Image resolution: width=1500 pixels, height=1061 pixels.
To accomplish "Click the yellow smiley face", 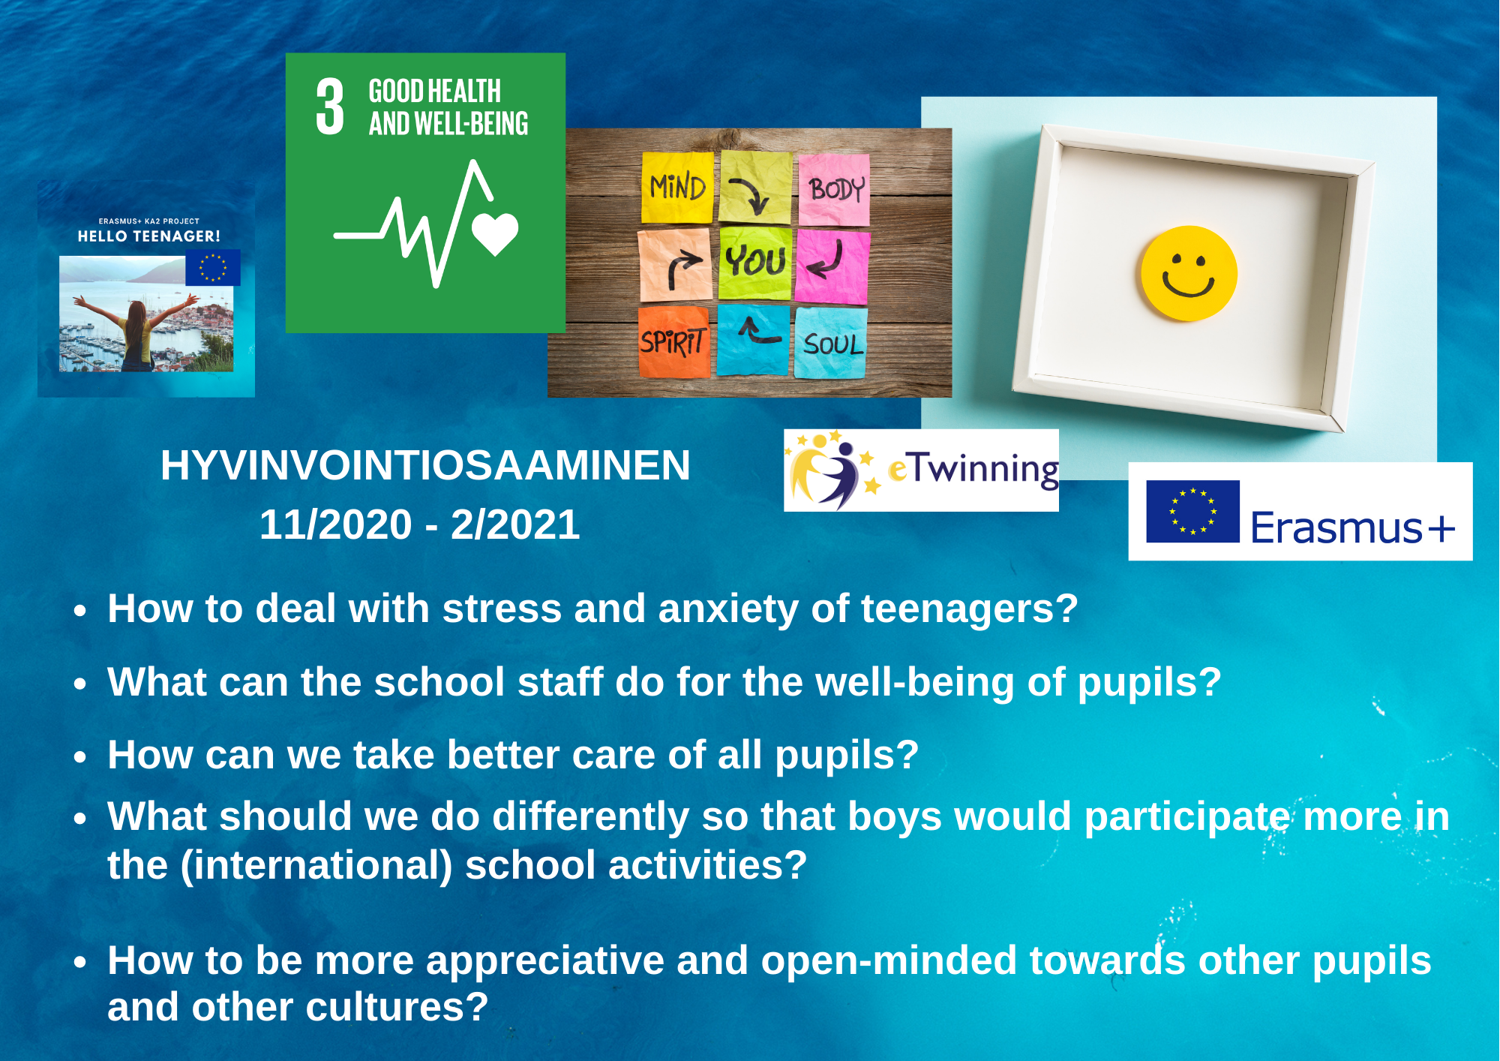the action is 1189,274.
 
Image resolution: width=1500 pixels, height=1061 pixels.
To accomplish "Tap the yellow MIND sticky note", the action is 678,188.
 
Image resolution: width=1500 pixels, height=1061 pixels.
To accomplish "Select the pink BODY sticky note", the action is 834,190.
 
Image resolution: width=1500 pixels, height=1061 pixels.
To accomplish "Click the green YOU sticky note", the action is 755,263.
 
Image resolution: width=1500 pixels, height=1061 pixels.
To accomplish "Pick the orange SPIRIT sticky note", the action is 673,341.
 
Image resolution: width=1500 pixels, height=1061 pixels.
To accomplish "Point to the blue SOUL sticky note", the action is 831,344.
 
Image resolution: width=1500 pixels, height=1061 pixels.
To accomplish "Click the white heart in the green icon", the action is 495,234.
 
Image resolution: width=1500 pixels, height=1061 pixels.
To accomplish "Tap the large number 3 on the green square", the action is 330,107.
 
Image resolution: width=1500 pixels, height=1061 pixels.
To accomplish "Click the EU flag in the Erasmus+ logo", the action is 1192,512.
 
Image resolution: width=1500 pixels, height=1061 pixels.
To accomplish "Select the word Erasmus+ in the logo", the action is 1353,527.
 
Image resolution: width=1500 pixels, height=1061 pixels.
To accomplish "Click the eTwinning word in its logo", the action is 973,470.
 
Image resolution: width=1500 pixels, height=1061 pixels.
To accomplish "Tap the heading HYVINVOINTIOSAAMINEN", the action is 425,465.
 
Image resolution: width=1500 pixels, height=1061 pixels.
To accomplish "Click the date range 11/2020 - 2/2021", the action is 419,524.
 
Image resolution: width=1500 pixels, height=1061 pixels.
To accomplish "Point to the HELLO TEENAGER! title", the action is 149,236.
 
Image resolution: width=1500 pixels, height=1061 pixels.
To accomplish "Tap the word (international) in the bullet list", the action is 316,866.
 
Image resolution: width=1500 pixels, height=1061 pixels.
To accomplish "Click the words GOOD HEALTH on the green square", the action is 435,92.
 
